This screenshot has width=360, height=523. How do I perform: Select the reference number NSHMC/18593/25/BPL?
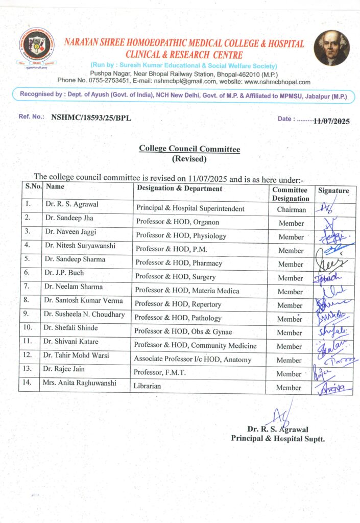[x=91, y=117]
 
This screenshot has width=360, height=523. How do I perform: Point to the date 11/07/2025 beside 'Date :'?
[x=332, y=121]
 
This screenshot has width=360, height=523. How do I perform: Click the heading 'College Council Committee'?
[x=189, y=149]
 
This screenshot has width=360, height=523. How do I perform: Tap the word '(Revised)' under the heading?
[x=189, y=159]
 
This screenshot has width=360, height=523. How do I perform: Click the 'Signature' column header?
[x=333, y=191]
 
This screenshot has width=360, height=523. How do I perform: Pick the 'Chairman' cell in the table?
[x=291, y=209]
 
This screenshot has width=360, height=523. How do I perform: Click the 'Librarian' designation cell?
[x=148, y=386]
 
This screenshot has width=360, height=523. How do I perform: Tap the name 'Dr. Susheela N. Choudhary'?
[x=84, y=315]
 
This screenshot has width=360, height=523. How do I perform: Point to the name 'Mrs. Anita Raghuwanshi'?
[x=80, y=383]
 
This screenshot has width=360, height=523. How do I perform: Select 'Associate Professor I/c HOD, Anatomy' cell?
[x=193, y=360]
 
